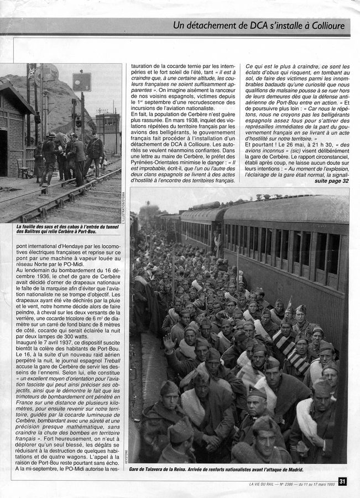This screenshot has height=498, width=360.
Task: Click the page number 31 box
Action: (x=342, y=481)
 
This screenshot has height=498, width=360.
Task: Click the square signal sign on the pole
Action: (x=82, y=82)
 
